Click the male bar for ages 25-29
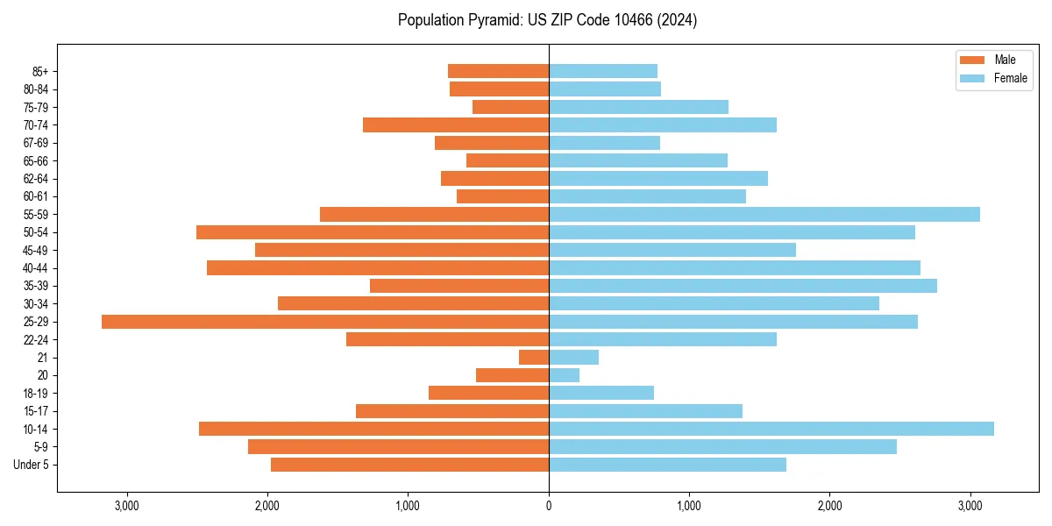[x=325, y=322]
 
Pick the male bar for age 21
[x=534, y=358]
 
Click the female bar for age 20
[x=564, y=375]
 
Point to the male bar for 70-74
[x=456, y=124]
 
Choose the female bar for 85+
[x=603, y=71]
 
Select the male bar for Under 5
[x=409, y=465]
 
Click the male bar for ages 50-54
[x=373, y=232]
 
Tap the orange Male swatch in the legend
[x=973, y=60]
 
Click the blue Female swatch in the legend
[x=973, y=78]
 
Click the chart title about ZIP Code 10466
[x=547, y=20]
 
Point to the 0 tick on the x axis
[x=549, y=506]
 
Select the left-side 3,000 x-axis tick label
[x=127, y=506]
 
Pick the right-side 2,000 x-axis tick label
[x=829, y=506]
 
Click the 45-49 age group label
[x=36, y=250]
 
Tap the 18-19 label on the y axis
[x=36, y=394]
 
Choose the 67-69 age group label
[x=36, y=143]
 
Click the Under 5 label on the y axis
[x=32, y=465]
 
